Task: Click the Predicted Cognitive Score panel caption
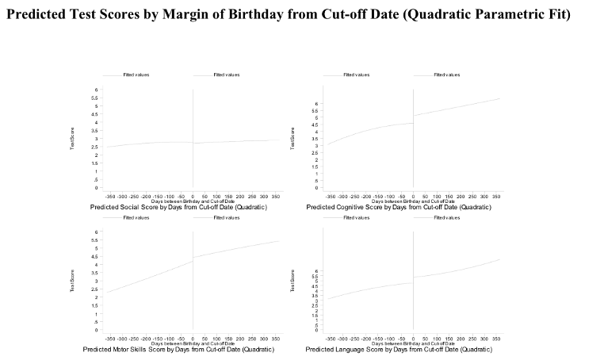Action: [398, 207]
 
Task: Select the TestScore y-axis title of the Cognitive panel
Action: [292, 140]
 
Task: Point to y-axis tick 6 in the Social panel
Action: [97, 90]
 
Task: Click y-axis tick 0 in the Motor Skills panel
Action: [97, 330]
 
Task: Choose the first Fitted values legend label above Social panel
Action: [136, 75]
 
